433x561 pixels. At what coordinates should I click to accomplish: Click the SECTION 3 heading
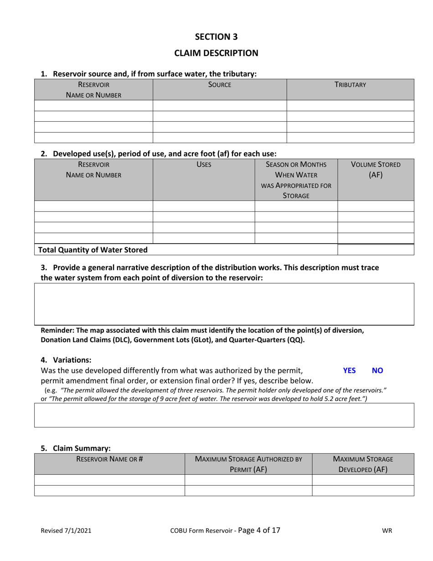click(x=216, y=36)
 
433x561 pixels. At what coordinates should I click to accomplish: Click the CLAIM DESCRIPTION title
click(x=216, y=53)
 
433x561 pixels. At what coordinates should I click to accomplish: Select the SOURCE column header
click(x=220, y=84)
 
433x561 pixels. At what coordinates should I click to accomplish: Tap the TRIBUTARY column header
click(x=350, y=84)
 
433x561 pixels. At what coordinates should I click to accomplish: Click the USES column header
click(x=203, y=164)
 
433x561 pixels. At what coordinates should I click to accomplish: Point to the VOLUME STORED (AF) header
click(x=376, y=169)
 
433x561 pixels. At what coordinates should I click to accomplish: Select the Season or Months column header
click(x=296, y=180)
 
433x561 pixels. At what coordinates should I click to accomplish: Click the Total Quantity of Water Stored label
click(x=93, y=249)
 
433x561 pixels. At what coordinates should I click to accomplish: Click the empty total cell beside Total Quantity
click(x=376, y=249)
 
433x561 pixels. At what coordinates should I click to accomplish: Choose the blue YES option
click(x=349, y=370)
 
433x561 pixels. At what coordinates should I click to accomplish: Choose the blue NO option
click(x=377, y=370)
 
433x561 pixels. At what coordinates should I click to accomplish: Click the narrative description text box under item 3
click(x=224, y=304)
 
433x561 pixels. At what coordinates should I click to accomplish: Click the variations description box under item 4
click(x=224, y=415)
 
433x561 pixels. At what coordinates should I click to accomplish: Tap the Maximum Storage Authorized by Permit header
click(x=248, y=464)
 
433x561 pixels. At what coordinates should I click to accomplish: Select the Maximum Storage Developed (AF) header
click(x=363, y=464)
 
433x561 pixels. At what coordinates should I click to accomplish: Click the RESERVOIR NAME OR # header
click(x=109, y=459)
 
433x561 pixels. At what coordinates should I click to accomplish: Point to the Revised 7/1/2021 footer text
click(x=66, y=530)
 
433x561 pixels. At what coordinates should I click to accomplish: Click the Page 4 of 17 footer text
click(x=259, y=530)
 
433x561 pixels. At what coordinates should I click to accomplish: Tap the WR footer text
click(x=387, y=530)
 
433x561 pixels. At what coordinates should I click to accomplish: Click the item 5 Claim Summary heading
click(x=76, y=448)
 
